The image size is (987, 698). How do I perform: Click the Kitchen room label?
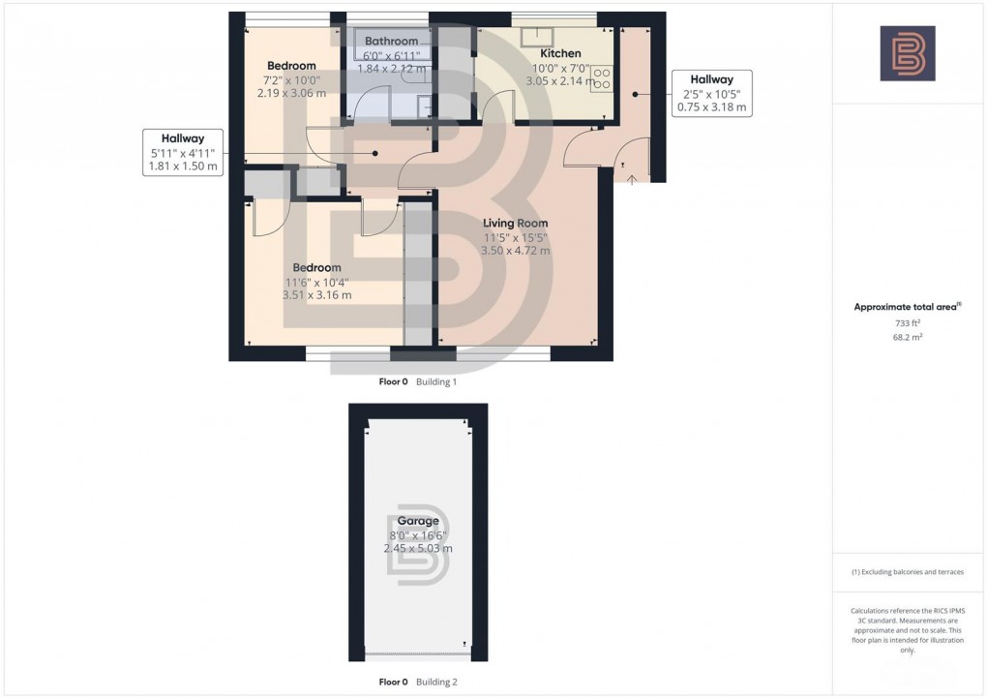[560, 54]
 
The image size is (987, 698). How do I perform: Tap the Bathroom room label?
[391, 42]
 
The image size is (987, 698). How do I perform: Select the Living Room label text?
[515, 224]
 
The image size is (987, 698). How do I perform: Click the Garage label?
[417, 521]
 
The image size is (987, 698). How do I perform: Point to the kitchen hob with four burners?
[601, 78]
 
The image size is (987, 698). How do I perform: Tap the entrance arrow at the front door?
[632, 178]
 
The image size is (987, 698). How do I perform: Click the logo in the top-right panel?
[907, 53]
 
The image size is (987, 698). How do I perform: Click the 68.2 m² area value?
[907, 339]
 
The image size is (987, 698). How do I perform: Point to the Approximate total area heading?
[907, 307]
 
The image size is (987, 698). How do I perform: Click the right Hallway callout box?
[711, 94]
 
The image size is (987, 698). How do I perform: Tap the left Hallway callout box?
[183, 152]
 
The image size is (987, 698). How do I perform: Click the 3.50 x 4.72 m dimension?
[515, 251]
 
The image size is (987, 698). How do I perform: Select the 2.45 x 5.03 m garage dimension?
[417, 548]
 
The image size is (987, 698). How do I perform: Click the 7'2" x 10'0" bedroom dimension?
[291, 80]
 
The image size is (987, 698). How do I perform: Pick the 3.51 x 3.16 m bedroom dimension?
[316, 295]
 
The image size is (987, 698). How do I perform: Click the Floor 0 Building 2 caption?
[417, 682]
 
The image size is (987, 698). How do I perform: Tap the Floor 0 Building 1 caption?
[417, 382]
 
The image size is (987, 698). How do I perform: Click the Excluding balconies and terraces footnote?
[907, 572]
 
